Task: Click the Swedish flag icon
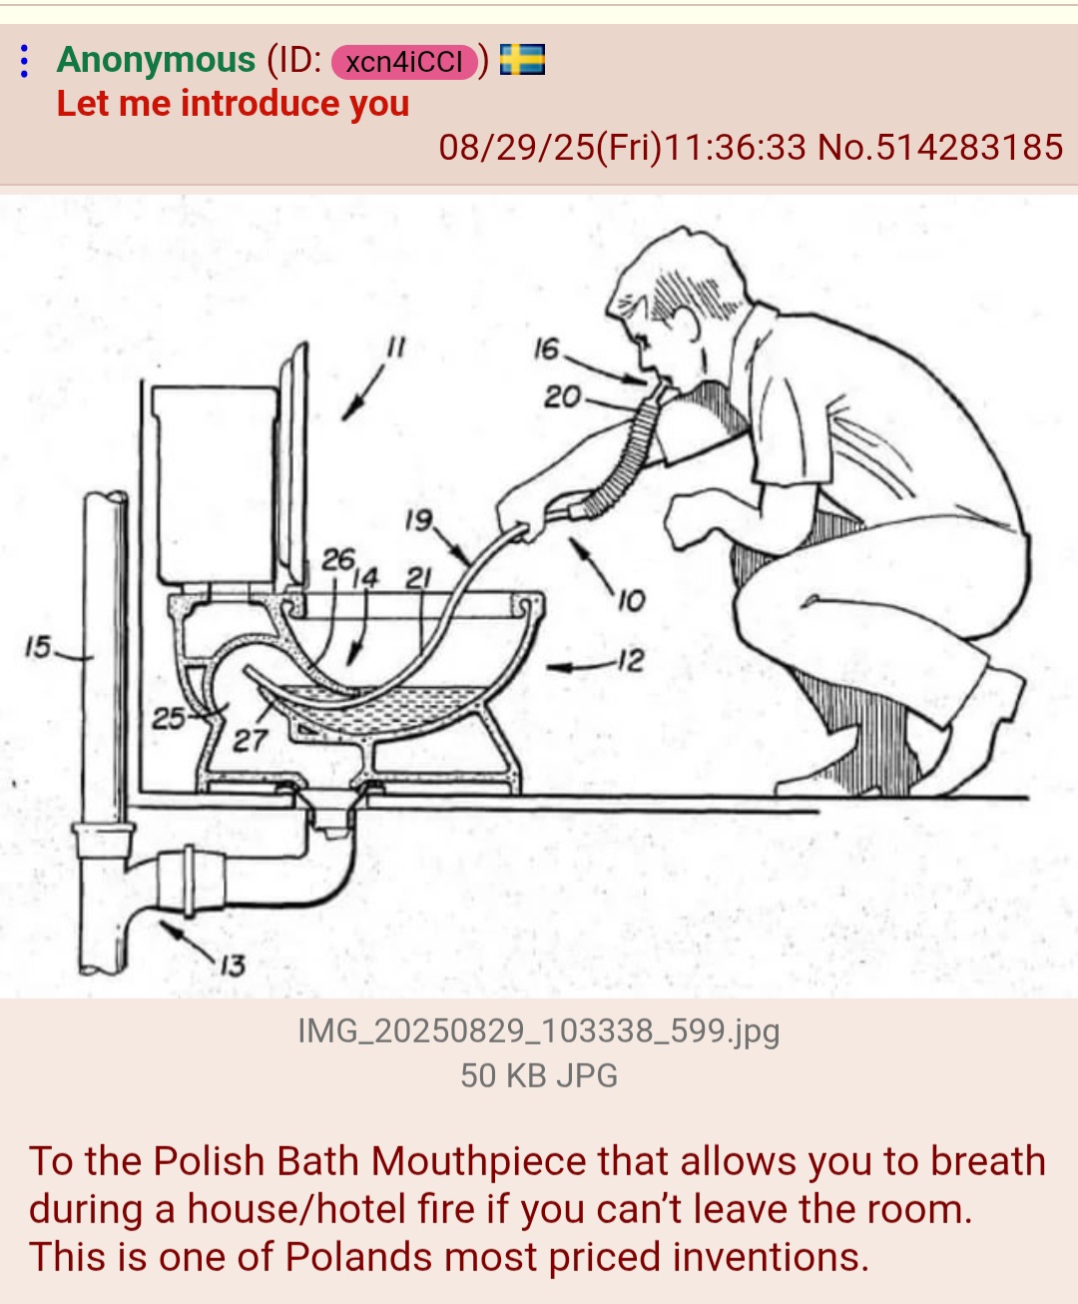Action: pos(522,59)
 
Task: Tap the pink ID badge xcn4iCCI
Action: pos(404,62)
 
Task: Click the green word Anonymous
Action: pos(156,59)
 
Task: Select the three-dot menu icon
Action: pos(24,61)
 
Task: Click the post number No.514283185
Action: pos(940,148)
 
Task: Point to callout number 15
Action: pos(38,647)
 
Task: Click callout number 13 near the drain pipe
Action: pos(233,966)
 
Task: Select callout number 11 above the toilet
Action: pos(396,346)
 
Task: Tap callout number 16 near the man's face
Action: pos(547,348)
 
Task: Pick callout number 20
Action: pos(562,396)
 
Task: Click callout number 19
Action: pos(419,519)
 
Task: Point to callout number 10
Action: pos(631,601)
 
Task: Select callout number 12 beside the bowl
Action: pos(631,660)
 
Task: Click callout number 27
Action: pos(251,741)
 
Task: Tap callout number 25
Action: pos(169,718)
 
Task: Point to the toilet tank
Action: pos(216,485)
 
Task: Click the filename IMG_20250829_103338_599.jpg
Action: pos(539,1030)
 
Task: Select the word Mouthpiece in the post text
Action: pos(478,1160)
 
